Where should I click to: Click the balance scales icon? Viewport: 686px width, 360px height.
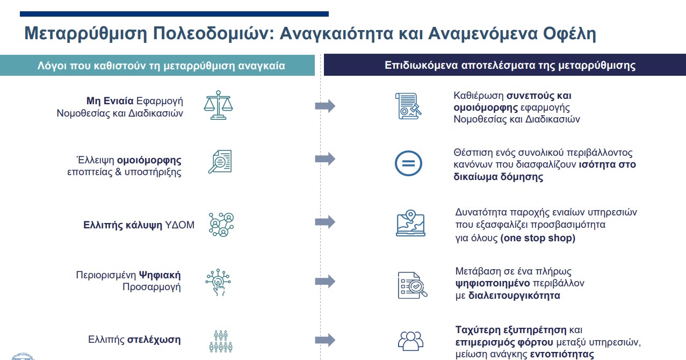pyautogui.click(x=218, y=105)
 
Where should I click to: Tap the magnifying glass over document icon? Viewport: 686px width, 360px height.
pyautogui.click(x=220, y=161)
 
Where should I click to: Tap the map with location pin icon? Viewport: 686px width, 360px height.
pyautogui.click(x=410, y=223)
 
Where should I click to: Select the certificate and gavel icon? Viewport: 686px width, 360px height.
pyautogui.click(x=408, y=106)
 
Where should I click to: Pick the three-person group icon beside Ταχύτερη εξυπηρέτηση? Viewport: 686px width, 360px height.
pyautogui.click(x=410, y=340)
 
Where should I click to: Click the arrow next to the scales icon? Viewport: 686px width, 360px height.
pyautogui.click(x=325, y=106)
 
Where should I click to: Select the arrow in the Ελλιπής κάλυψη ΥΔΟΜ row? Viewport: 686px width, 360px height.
pyautogui.click(x=325, y=222)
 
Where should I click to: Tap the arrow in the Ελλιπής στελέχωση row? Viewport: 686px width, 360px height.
pyautogui.click(x=325, y=340)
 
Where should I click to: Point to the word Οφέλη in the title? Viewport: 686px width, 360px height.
pyautogui.click(x=568, y=34)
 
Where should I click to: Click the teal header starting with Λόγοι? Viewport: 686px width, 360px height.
pyautogui.click(x=161, y=66)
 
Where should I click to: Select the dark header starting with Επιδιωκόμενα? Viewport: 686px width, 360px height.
pyautogui.click(x=510, y=66)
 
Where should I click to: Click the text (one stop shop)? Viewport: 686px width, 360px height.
pyautogui.click(x=538, y=238)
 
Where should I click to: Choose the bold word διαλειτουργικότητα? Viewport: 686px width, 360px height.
pyautogui.click(x=514, y=295)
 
